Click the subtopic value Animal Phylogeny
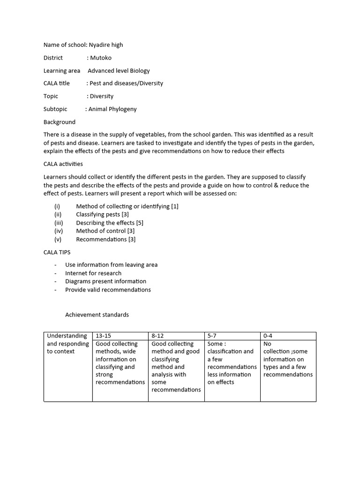pos(112,109)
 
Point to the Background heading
pos(60,122)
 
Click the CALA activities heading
pos(63,164)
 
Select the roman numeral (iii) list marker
pos(59,223)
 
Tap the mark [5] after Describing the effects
pos(140,223)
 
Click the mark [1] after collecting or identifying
pos(174,206)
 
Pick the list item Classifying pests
pos(98,214)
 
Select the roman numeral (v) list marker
pos(58,239)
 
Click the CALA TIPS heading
pos(57,252)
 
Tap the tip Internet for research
pos(93,273)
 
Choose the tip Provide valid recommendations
pos(108,290)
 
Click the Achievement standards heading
pos(97,315)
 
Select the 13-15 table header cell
pos(104,336)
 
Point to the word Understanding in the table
pos(67,336)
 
